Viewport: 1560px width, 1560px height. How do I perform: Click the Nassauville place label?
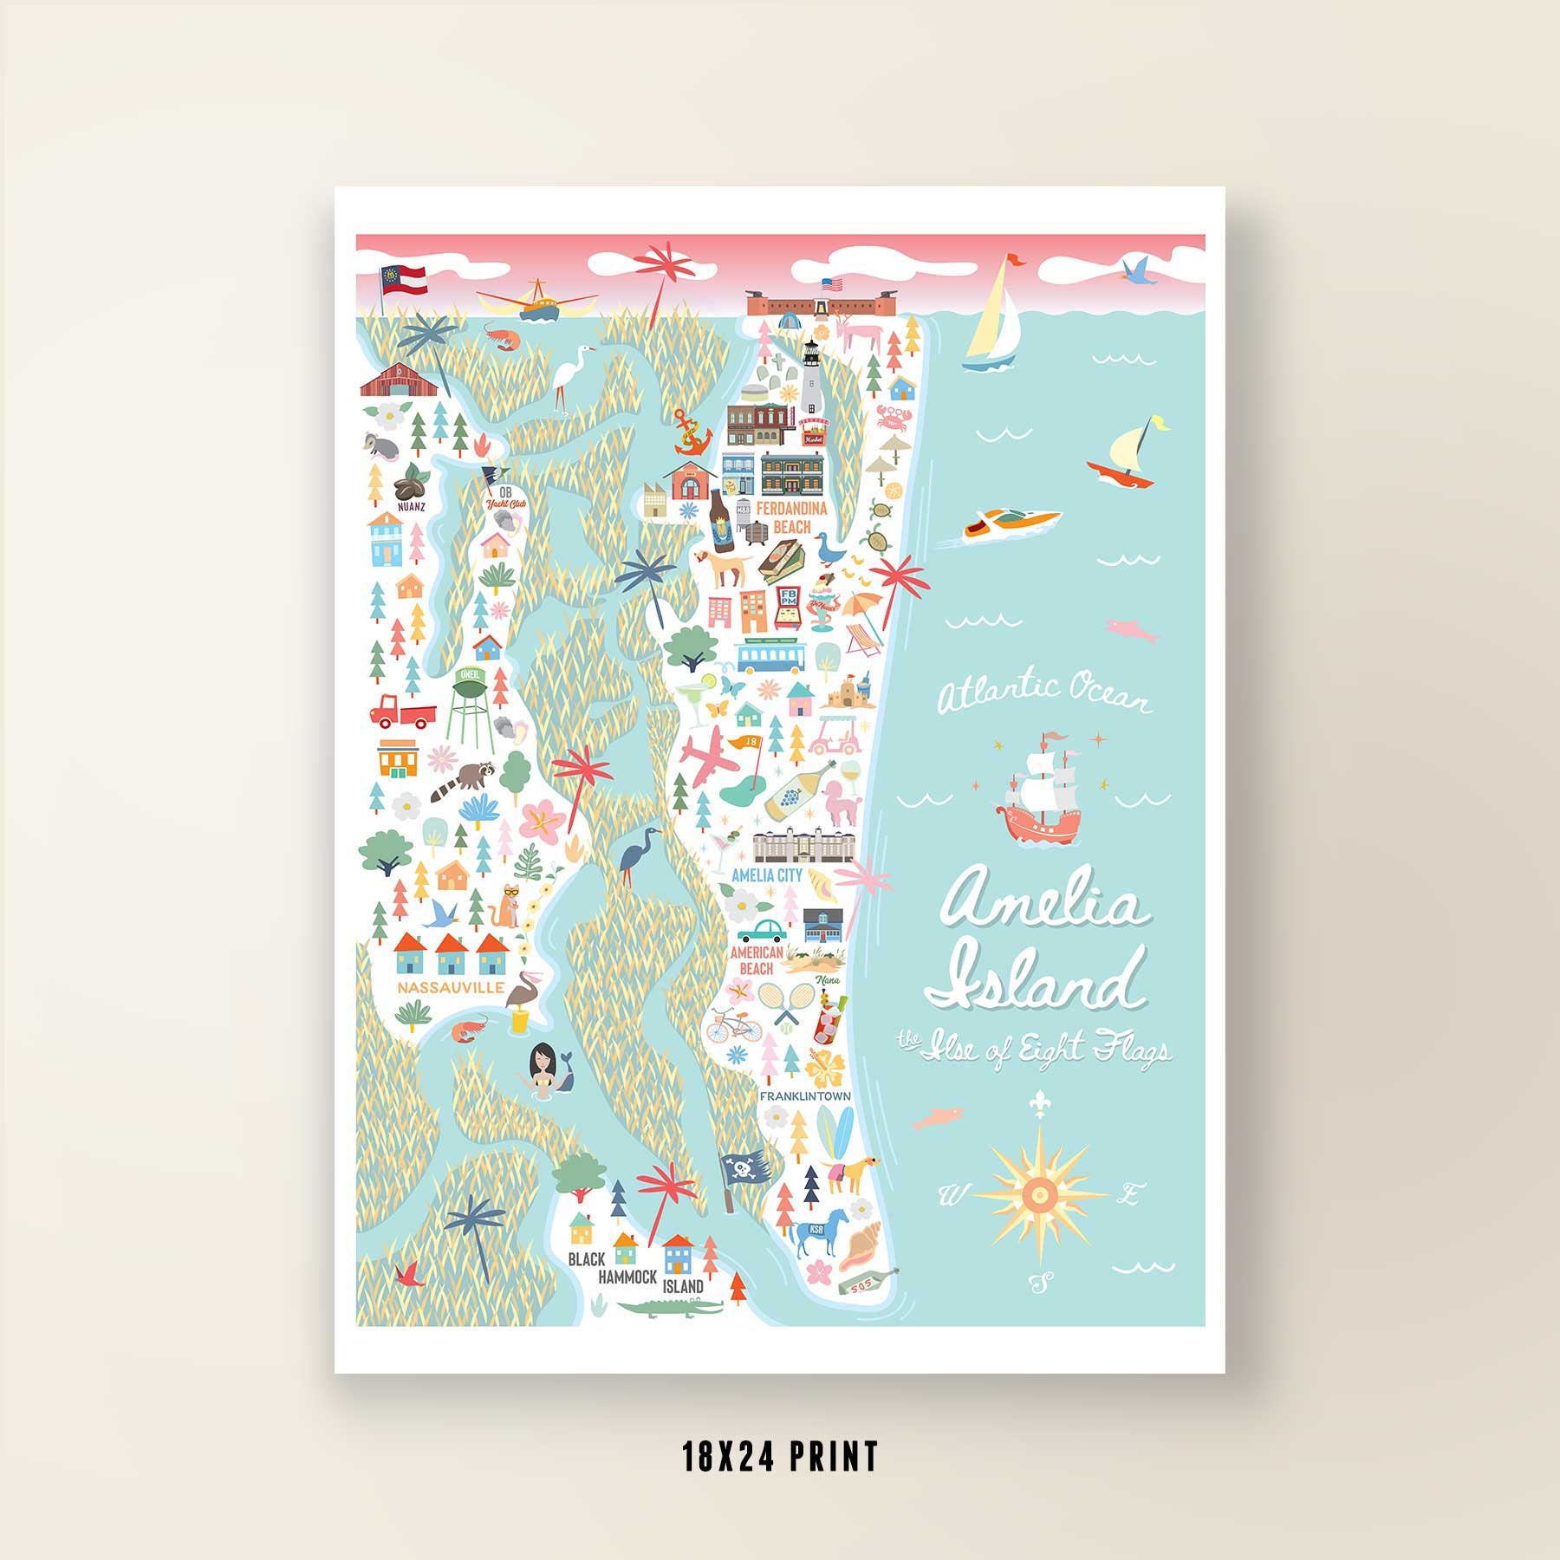pos(439,987)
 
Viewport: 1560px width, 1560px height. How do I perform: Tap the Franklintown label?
pos(804,1096)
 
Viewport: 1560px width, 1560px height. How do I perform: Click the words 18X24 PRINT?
pos(780,1457)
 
